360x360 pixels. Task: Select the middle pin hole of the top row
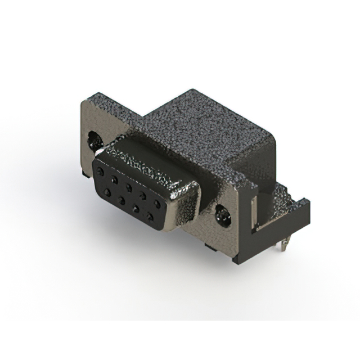tap(129, 186)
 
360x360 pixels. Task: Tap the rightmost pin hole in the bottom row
tap(150, 214)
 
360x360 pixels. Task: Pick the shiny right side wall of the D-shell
tap(188, 208)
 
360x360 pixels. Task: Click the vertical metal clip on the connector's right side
tap(251, 214)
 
